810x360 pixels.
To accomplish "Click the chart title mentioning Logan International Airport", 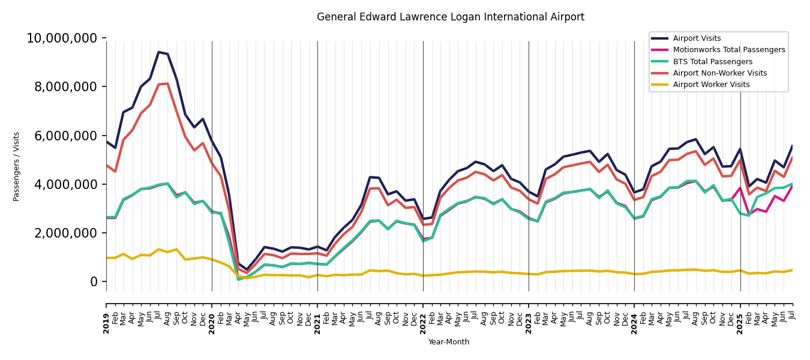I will coord(450,17).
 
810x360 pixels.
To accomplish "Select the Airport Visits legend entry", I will coord(697,38).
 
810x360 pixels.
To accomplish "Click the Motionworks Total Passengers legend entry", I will coord(728,50).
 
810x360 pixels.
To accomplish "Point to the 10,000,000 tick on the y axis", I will coord(62,38).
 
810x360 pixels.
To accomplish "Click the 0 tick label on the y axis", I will coord(94,281).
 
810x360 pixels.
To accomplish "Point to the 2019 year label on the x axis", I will coord(107,323).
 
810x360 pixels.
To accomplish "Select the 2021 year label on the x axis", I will coord(318,323).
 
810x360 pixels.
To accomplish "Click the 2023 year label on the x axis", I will coord(529,323).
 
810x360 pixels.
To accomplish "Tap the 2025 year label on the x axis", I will coord(740,323).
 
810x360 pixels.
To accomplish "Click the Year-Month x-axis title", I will coord(449,342).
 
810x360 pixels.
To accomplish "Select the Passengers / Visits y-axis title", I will coord(17,166).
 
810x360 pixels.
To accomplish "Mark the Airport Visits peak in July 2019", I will coord(159,52).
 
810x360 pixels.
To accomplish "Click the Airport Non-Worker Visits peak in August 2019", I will coord(168,83).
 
